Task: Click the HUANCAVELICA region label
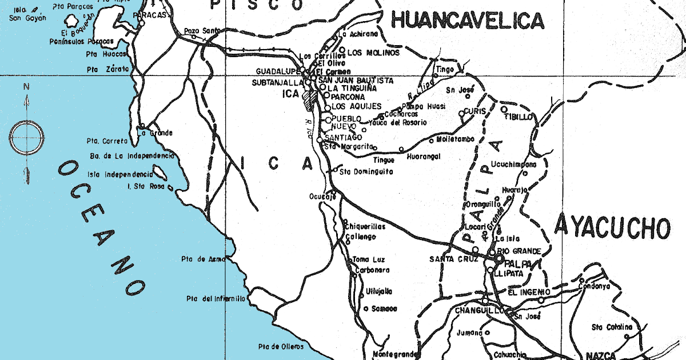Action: click(466, 21)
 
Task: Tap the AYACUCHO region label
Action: click(612, 227)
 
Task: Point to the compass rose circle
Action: click(26, 137)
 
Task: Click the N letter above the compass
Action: click(26, 87)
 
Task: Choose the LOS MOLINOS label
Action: click(373, 53)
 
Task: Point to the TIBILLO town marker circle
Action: click(504, 109)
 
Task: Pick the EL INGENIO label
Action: click(529, 292)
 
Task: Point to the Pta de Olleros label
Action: click(279, 346)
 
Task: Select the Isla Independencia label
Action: click(119, 174)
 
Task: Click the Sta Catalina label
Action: click(612, 327)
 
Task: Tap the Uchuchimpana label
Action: click(513, 165)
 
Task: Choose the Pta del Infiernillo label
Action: click(216, 298)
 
